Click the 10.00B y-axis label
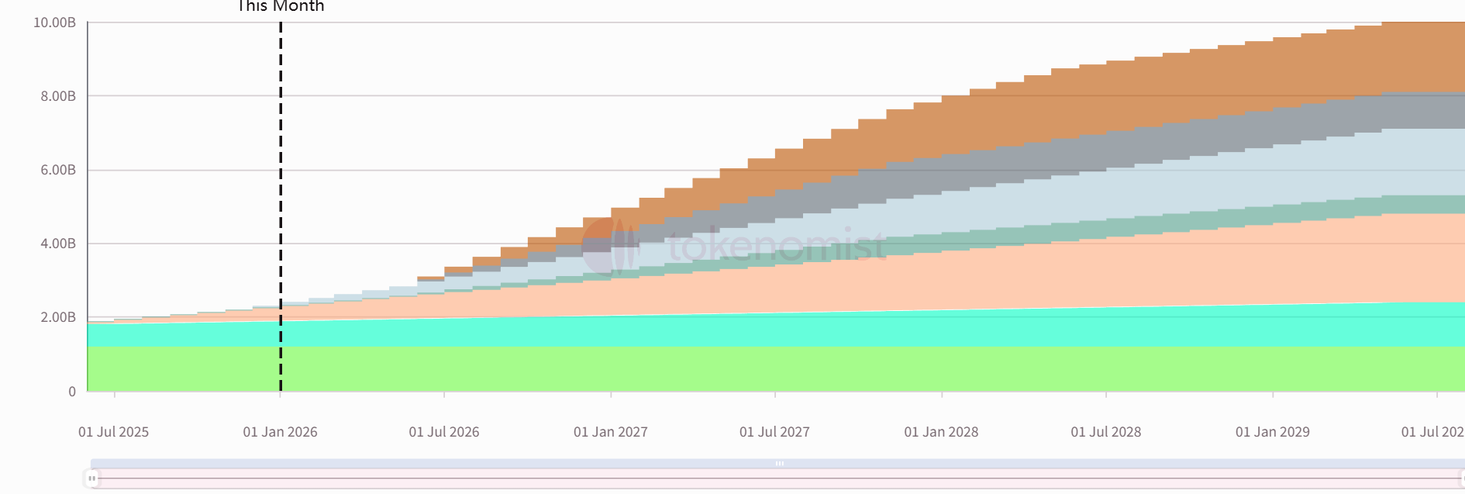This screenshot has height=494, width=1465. coord(54,22)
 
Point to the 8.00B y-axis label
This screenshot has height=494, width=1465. coord(58,96)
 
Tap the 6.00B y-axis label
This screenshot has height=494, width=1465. coord(58,170)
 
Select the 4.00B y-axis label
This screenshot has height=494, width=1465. coord(58,244)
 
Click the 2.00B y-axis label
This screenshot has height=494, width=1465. coord(58,317)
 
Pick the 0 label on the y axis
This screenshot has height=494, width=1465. coord(72,392)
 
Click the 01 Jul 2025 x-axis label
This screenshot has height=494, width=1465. coord(113,432)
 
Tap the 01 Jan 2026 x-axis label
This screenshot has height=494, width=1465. coord(280,432)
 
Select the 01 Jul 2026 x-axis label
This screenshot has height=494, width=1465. coord(444,432)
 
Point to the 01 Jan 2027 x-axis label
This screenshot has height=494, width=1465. coord(611,432)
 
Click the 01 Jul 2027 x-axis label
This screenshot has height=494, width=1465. coord(774,432)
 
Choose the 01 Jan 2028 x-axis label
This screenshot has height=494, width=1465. coord(941,432)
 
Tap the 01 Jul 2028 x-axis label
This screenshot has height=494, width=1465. coord(1105,432)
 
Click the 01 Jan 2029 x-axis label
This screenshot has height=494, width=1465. coord(1272,432)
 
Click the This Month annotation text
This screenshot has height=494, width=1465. coord(281,6)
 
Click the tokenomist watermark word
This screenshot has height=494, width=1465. coord(775,246)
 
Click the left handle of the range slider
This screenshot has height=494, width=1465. coord(92,478)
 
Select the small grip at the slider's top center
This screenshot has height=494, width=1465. coord(779,463)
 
